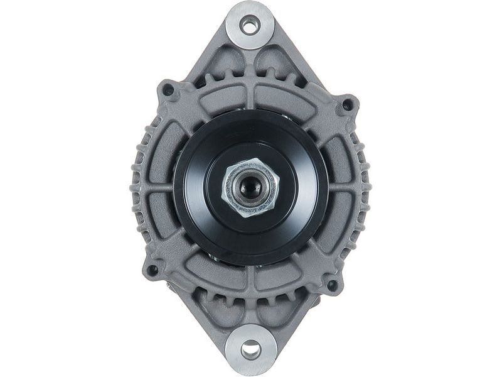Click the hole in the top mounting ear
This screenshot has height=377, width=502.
point(250,26)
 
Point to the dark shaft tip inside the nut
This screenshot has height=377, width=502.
point(250,186)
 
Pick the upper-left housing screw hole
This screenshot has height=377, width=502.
point(168,90)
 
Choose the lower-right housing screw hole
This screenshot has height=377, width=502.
point(332,285)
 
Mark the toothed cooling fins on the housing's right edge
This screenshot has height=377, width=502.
point(365,188)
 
